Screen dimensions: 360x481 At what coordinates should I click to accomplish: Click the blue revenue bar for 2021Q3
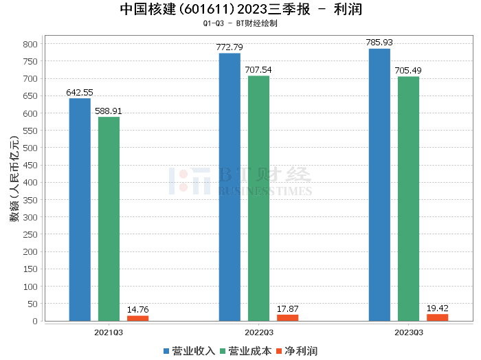pos(80,210)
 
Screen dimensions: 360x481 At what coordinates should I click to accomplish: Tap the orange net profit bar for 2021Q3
pos(137,318)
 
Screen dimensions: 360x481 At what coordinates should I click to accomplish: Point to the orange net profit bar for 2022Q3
pos(287,317)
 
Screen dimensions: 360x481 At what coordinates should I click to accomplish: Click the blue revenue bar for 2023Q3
pos(379,185)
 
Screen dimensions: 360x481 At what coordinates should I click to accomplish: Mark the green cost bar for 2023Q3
pos(408,199)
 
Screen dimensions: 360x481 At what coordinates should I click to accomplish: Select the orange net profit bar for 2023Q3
pos(437,317)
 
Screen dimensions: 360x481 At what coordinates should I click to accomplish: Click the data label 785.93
pos(379,43)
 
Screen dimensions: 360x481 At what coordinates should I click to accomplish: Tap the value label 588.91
pos(109,111)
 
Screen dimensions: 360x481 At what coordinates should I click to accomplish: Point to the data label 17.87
pos(287,308)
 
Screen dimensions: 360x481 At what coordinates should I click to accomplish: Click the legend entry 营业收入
pos(189,350)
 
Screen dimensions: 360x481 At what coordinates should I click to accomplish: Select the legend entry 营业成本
pos(245,350)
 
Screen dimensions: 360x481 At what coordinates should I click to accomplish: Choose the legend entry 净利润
pos(296,350)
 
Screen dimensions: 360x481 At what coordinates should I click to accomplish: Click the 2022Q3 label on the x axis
pos(258,332)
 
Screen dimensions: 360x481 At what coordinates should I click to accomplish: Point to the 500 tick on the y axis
pos(29,148)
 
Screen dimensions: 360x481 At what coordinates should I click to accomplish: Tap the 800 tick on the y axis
pos(29,44)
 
